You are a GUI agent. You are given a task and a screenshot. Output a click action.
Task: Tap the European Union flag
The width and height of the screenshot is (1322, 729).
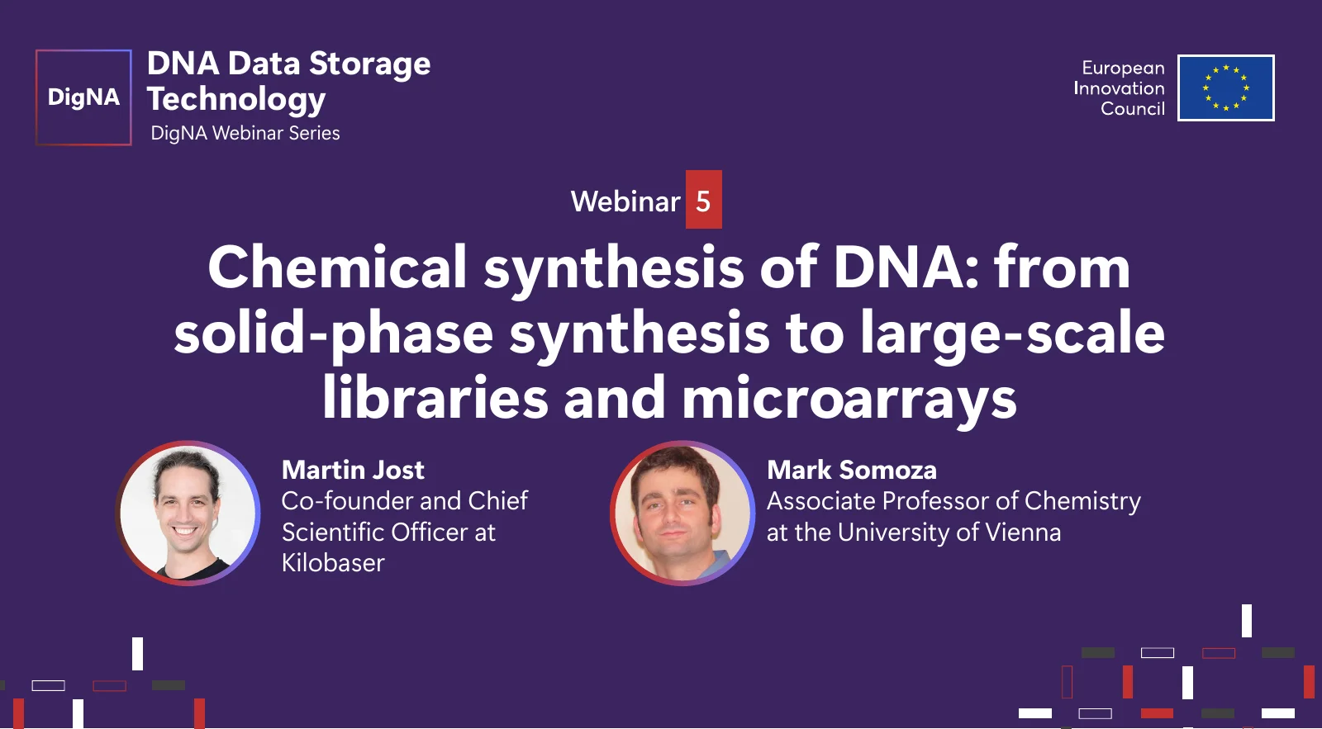click(1226, 88)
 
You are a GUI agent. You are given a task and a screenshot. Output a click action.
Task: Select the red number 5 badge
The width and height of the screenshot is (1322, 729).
click(703, 199)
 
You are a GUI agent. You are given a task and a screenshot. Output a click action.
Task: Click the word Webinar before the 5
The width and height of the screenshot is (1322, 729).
click(625, 201)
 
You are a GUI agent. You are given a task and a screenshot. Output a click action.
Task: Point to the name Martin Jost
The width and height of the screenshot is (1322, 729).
click(353, 470)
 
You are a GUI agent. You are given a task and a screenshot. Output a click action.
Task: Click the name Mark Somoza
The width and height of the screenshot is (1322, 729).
click(852, 470)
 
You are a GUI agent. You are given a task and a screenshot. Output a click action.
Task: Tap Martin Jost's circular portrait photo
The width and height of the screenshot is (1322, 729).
click(188, 514)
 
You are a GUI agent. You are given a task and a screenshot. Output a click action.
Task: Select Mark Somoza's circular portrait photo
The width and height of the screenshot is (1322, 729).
click(682, 514)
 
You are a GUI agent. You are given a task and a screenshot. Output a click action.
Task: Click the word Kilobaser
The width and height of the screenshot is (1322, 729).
click(334, 563)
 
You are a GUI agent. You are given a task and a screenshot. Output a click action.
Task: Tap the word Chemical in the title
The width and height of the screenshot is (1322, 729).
click(338, 267)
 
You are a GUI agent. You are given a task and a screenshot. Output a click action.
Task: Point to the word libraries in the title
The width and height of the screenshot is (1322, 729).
click(435, 396)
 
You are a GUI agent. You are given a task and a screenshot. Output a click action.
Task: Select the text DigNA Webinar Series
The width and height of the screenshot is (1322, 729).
click(245, 133)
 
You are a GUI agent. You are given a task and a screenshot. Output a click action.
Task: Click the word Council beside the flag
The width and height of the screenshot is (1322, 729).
click(1133, 108)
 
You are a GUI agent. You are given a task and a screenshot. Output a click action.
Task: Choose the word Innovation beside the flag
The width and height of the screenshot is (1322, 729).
click(1119, 88)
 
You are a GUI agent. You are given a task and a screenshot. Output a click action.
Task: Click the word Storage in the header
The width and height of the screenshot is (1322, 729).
click(370, 64)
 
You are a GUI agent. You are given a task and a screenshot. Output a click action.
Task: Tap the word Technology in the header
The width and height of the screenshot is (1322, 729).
click(236, 99)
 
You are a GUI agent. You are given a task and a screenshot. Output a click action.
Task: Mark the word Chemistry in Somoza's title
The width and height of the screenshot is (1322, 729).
click(1082, 502)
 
